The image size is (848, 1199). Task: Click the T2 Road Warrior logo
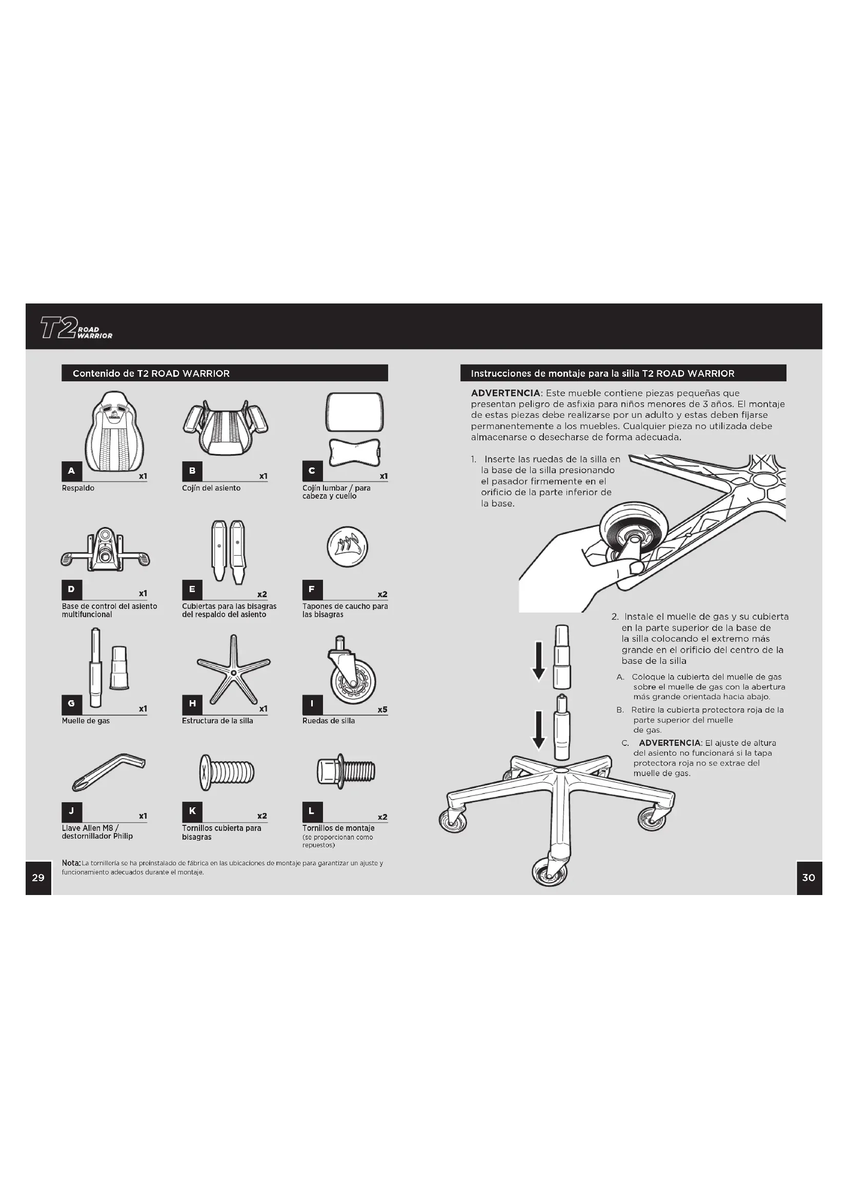76,329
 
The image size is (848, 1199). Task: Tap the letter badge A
72,471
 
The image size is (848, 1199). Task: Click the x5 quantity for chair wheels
382,709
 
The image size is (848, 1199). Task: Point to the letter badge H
192,703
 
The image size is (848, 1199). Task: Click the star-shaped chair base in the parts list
233,669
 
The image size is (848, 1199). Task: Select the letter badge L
312,811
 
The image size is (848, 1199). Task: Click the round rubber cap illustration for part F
347,547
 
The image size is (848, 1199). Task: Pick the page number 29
38,877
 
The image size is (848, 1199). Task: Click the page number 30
809,877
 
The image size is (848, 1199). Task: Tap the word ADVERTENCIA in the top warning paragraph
505,393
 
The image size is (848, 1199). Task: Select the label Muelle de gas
86,721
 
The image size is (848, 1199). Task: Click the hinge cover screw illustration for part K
227,771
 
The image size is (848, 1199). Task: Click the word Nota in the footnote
71,863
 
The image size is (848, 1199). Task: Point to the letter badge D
72,590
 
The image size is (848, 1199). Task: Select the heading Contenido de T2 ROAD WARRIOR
151,373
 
